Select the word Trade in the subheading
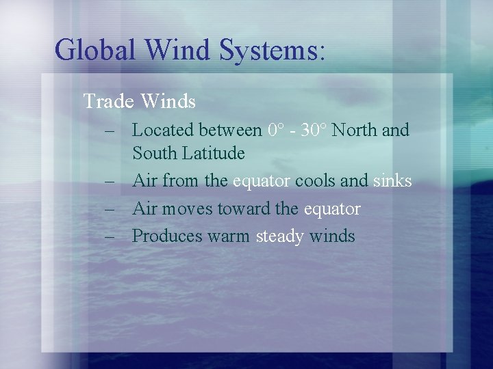pyautogui.click(x=108, y=102)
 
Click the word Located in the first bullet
pyautogui.click(x=162, y=129)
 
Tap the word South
pyautogui.click(x=155, y=153)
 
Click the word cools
pyautogui.click(x=314, y=181)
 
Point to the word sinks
pyautogui.click(x=392, y=181)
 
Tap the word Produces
pyautogui.click(x=167, y=236)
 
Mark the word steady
pyautogui.click(x=280, y=236)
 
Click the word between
pyautogui.click(x=230, y=129)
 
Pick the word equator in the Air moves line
pyautogui.click(x=330, y=209)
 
